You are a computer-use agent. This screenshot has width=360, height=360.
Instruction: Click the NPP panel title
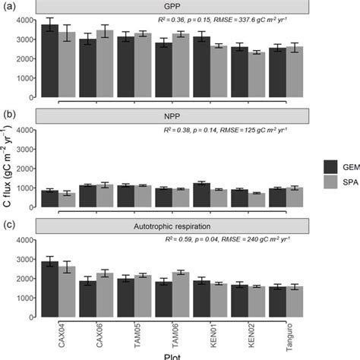pyautogui.click(x=182, y=115)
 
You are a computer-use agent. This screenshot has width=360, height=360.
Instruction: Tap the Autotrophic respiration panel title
pyautogui.click(x=182, y=226)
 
